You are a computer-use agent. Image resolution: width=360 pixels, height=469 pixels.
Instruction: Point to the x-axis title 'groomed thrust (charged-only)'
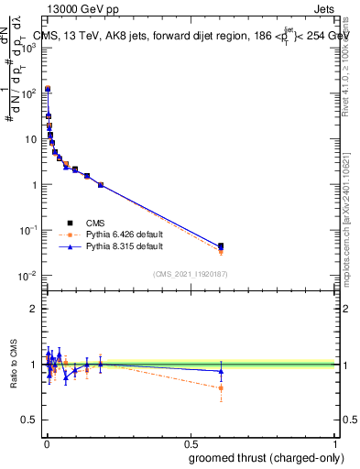(x=254, y=457)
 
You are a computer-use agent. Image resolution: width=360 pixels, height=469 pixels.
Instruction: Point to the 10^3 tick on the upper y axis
(x=29, y=47)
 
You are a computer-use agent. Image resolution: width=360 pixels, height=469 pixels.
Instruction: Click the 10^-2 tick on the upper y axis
(x=29, y=276)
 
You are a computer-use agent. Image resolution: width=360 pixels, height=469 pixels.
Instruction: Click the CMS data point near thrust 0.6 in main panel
(x=221, y=246)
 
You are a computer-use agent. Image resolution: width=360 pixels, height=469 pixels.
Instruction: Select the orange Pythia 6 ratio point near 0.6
(x=221, y=387)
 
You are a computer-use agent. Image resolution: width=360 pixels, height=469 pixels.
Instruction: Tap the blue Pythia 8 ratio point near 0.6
(x=221, y=371)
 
